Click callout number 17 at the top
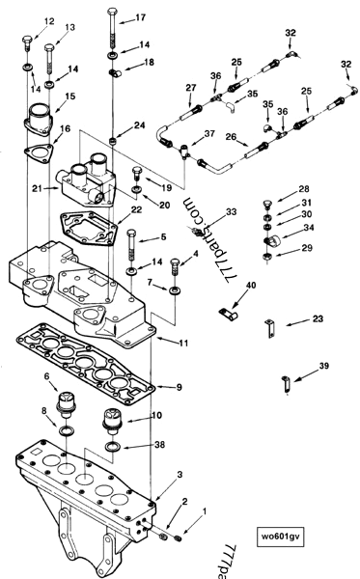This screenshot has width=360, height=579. click(141, 18)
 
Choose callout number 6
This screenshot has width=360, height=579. click(45, 376)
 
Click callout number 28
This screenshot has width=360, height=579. click(304, 189)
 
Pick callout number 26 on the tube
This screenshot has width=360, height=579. click(232, 137)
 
